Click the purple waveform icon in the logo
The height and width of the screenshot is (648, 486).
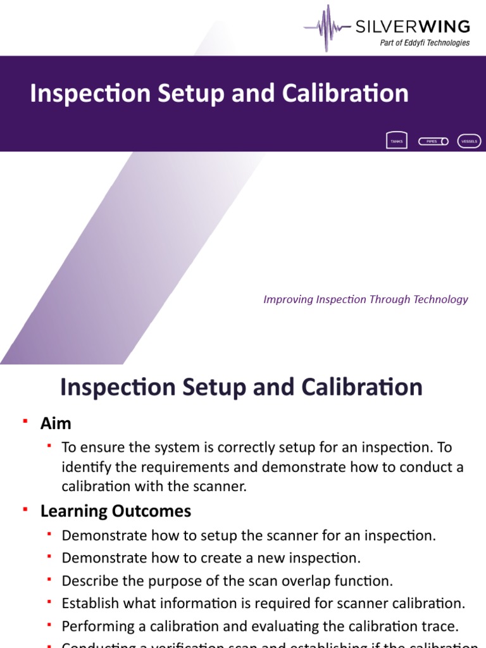coord(327,28)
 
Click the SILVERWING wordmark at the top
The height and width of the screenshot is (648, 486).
coord(412,27)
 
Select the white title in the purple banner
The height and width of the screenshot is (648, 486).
coord(219,93)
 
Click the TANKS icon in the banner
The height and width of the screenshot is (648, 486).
coord(396,141)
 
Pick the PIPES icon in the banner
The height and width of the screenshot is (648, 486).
coord(433,141)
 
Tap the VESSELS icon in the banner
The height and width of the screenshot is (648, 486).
coord(469,141)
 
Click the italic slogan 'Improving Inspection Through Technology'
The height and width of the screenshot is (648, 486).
coord(366,299)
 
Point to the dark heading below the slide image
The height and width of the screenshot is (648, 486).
coord(241,387)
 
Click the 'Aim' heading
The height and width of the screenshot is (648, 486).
coord(56,423)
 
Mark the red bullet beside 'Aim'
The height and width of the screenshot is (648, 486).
coord(25,421)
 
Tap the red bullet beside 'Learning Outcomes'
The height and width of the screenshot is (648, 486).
coord(25,508)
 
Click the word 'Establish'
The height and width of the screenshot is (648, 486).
coord(89,603)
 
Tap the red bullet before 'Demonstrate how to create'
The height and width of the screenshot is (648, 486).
coord(49,557)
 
